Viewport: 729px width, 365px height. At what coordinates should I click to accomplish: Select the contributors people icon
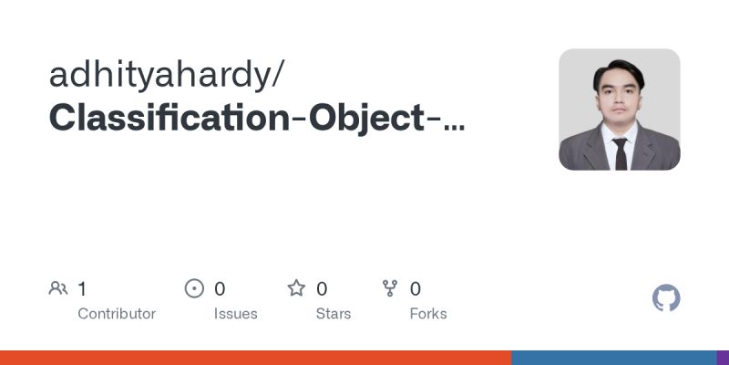point(58,289)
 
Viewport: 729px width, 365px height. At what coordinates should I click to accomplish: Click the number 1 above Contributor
point(82,289)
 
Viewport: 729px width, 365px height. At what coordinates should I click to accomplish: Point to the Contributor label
point(117,314)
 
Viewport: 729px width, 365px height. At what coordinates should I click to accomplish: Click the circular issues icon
point(194,289)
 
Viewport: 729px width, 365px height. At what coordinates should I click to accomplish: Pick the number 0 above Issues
point(220,289)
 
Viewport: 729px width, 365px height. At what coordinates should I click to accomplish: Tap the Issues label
point(236,314)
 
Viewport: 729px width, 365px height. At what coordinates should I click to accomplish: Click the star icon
point(296,289)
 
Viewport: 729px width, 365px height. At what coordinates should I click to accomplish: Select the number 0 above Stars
point(322,289)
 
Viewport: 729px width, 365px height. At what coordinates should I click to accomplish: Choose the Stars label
point(334,314)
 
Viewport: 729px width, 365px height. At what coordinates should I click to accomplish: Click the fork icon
point(391,289)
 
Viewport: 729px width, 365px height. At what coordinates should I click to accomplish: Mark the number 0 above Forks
point(416,289)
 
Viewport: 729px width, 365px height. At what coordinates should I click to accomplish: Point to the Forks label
point(428,314)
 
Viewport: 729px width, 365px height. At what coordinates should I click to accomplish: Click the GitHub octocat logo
point(667,298)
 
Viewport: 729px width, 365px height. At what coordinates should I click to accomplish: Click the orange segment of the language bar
point(255,358)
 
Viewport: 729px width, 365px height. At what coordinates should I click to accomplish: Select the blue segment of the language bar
point(613,358)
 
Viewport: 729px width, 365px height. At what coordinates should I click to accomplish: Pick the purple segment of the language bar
point(723,358)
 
